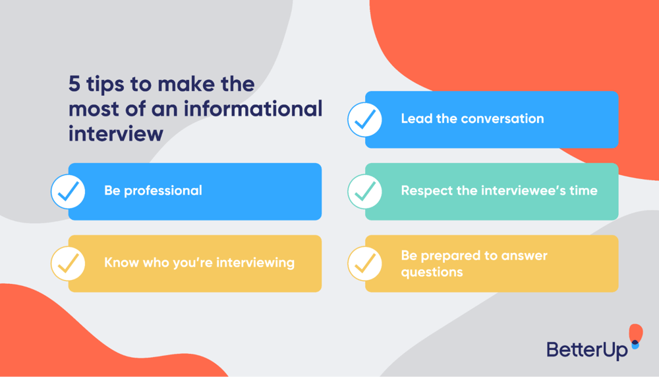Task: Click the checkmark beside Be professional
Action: pyautogui.click(x=69, y=191)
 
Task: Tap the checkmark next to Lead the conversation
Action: pyautogui.click(x=365, y=120)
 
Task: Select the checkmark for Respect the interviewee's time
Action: pyautogui.click(x=365, y=191)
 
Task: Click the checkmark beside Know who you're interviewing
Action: pyautogui.click(x=69, y=263)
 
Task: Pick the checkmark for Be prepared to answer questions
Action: pyautogui.click(x=365, y=263)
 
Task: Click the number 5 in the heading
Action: pyautogui.click(x=75, y=85)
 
